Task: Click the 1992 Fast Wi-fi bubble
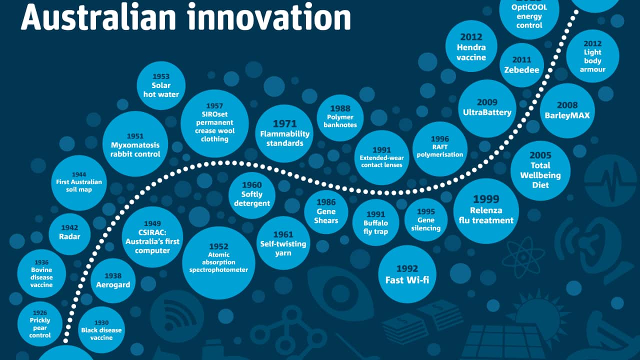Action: [x=407, y=274]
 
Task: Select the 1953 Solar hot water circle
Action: [x=161, y=85]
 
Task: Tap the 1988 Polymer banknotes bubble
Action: [x=340, y=117]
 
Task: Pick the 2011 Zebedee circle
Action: [x=521, y=65]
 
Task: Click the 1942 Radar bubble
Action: [x=69, y=234]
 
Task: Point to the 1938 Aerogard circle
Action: [x=113, y=280]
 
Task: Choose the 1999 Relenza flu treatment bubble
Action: [x=486, y=211]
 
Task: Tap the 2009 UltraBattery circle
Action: [x=487, y=108]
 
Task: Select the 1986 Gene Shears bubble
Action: [x=326, y=212]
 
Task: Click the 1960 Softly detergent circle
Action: [x=252, y=195]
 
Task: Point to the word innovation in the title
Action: [x=269, y=16]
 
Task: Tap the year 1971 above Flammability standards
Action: [x=285, y=123]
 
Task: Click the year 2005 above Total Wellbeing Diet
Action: [x=540, y=155]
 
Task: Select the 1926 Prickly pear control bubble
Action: [x=40, y=324]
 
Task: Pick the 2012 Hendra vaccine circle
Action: [x=471, y=46]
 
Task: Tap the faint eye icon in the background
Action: [x=340, y=293]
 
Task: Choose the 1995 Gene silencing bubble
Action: [x=426, y=219]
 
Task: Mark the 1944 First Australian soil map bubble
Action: [x=79, y=183]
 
